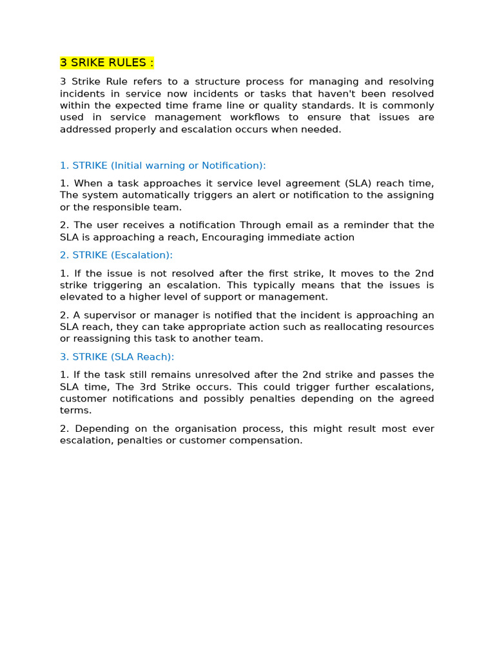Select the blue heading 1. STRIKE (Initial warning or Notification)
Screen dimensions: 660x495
pos(162,166)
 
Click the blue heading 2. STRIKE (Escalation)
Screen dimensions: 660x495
pos(116,255)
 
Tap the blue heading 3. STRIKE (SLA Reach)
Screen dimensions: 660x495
pos(117,356)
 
